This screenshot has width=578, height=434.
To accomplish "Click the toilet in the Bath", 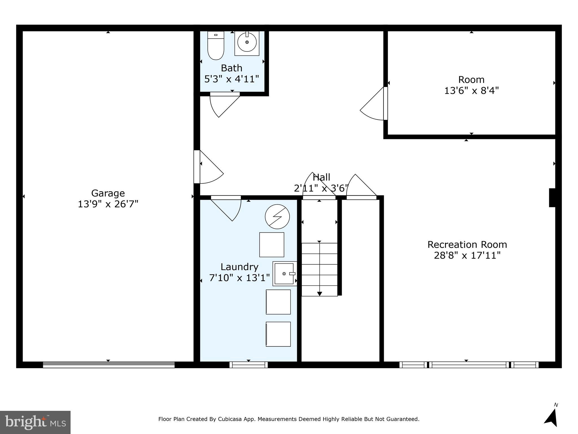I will pyautogui.click(x=216, y=46).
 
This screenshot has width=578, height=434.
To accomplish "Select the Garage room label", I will pyautogui.click(x=108, y=193).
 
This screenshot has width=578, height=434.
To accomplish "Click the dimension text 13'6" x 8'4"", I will pyautogui.click(x=471, y=91).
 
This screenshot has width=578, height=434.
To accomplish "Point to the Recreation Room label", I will pyautogui.click(x=467, y=244).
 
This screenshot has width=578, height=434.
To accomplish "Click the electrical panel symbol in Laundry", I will pyautogui.click(x=277, y=217).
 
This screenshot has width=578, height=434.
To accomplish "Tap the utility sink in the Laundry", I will pyautogui.click(x=284, y=274).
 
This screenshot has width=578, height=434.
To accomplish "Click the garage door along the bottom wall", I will pyautogui.click(x=109, y=365).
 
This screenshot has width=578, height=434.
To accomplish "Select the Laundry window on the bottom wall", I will pyautogui.click(x=249, y=365).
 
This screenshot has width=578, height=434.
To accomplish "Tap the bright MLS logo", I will pyautogui.click(x=35, y=422).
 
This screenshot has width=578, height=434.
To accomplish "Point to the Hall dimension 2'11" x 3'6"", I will pyautogui.click(x=321, y=188).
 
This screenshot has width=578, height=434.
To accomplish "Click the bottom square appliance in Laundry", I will pyautogui.click(x=278, y=334).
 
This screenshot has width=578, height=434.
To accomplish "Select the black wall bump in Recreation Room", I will pyautogui.click(x=552, y=198).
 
